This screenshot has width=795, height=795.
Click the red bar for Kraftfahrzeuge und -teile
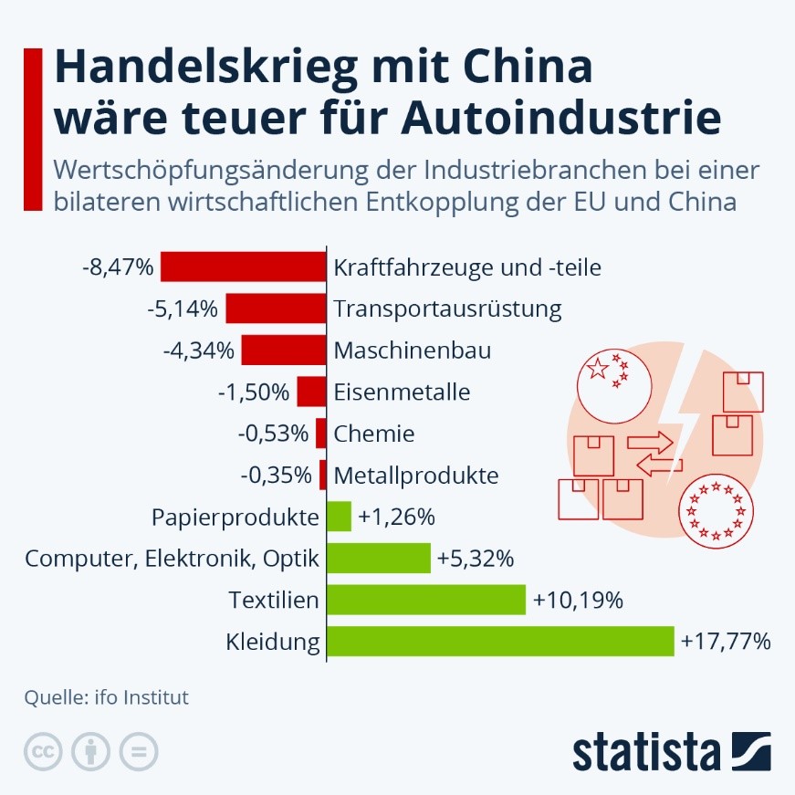click(x=244, y=267)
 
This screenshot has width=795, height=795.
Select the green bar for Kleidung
click(x=500, y=642)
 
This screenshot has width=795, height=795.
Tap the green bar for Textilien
click(x=426, y=600)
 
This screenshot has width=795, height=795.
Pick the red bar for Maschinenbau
click(x=284, y=350)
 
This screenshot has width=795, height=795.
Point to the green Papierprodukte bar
click(x=339, y=517)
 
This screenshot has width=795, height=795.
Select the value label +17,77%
click(x=726, y=642)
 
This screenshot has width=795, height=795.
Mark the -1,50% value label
click(x=254, y=392)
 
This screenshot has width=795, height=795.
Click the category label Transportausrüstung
click(x=447, y=309)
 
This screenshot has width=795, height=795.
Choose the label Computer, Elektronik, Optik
click(x=173, y=559)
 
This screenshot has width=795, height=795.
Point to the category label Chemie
click(x=374, y=434)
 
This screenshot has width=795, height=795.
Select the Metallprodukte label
click(x=416, y=476)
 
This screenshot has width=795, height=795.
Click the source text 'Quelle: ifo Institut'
click(x=107, y=698)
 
